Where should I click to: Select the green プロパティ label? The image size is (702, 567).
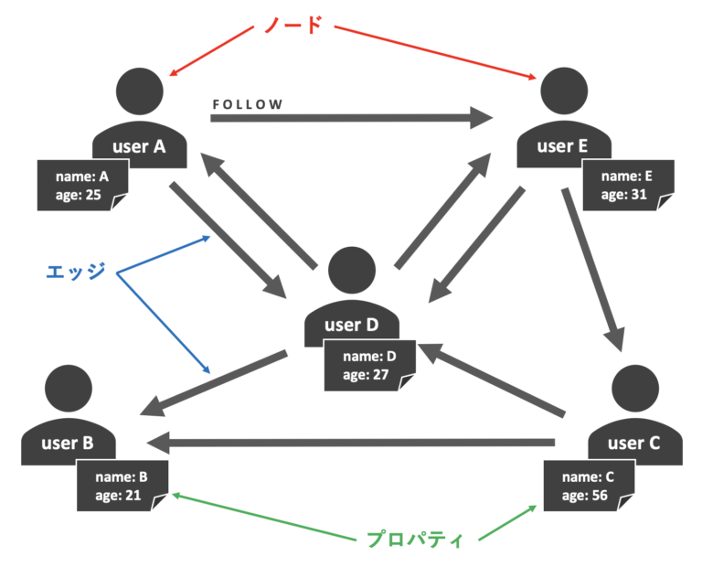click(414, 539)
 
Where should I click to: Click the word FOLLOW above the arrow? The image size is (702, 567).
click(248, 104)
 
